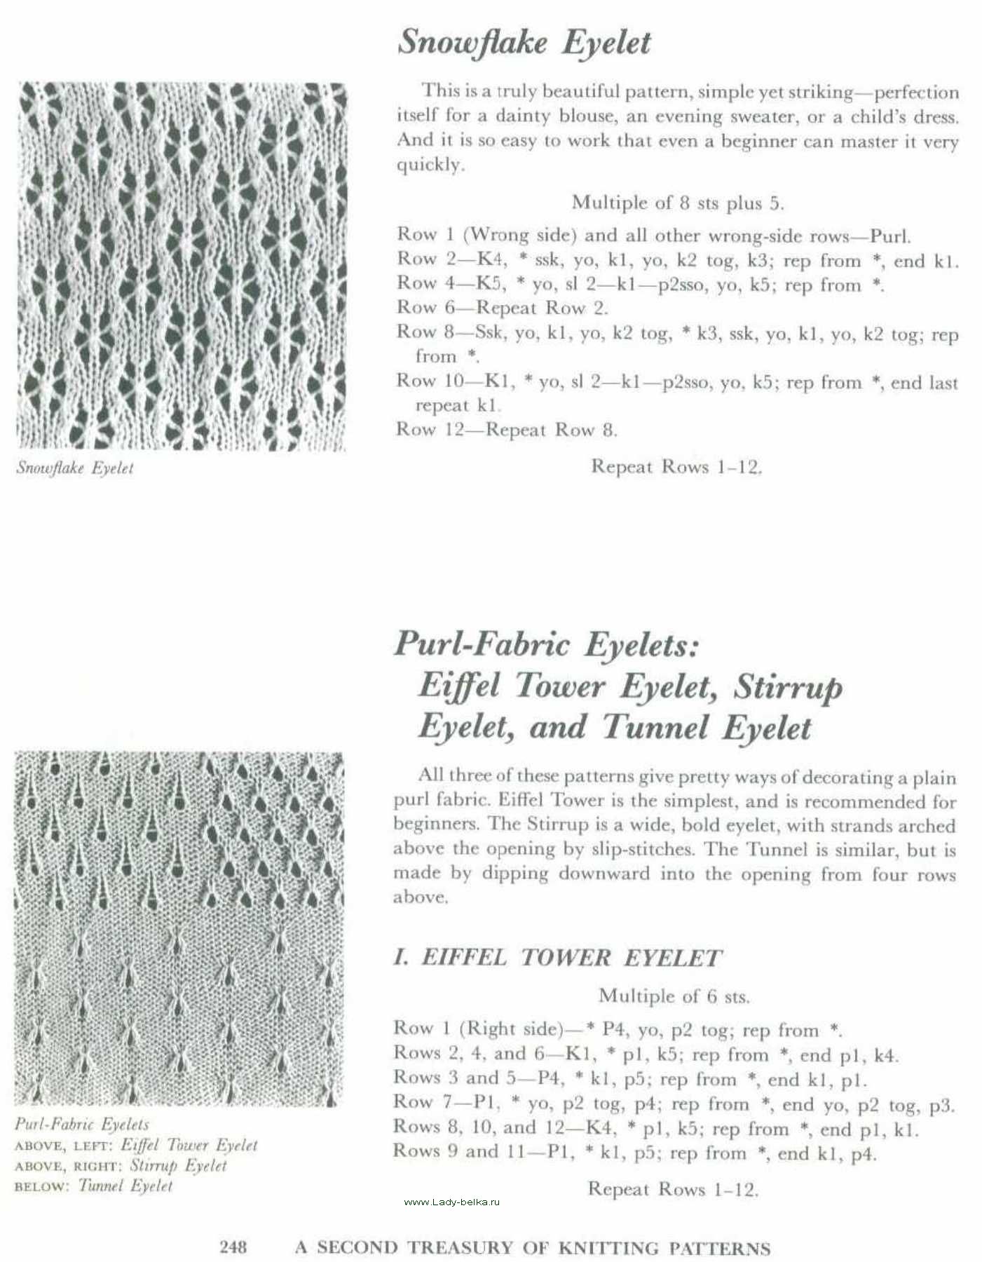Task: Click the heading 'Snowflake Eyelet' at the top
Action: click(524, 43)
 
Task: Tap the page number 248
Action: click(233, 1246)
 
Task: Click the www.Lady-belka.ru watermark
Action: click(453, 1202)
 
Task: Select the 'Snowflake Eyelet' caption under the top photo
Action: click(75, 468)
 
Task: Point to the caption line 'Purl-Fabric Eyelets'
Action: click(82, 1125)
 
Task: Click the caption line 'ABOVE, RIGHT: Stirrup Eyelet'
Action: click(121, 1165)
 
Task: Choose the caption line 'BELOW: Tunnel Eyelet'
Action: click(93, 1186)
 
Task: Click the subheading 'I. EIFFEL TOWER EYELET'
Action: click(557, 958)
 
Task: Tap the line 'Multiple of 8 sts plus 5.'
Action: click(677, 203)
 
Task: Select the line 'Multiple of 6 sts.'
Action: click(674, 996)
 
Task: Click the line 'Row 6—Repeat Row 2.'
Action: click(502, 307)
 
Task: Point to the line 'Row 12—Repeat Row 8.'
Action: click(506, 429)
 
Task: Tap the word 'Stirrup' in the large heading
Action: click(787, 686)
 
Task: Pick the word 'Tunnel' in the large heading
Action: click(655, 727)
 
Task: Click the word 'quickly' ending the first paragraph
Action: click(429, 165)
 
